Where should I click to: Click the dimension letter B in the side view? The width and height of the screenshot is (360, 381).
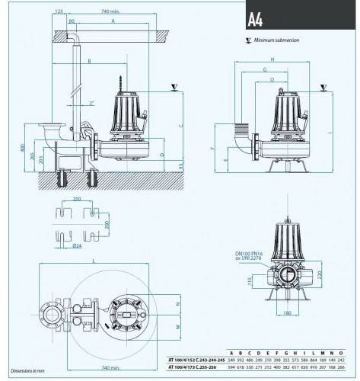pyautogui.click(x=90, y=60)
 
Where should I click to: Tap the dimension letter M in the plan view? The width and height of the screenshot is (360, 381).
pyautogui.click(x=177, y=328)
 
